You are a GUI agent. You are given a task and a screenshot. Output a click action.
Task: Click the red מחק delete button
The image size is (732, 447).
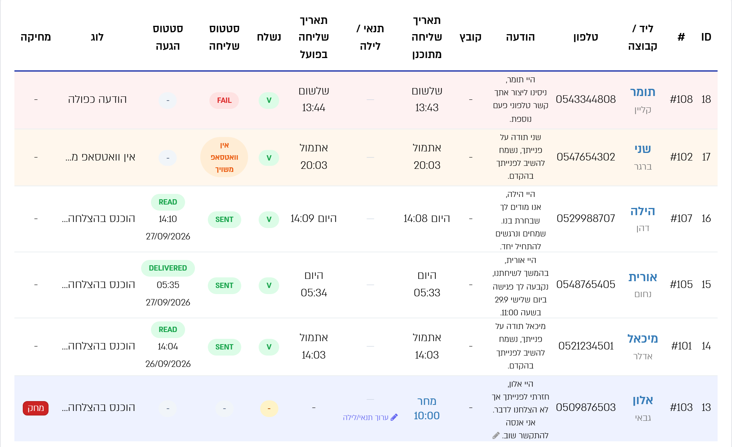pyautogui.click(x=36, y=408)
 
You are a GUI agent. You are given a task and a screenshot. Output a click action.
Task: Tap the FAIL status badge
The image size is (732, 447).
pyautogui.click(x=224, y=101)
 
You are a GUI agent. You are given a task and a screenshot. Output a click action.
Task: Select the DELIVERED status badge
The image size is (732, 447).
pyautogui.click(x=168, y=268)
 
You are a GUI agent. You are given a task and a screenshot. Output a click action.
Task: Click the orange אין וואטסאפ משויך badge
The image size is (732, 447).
pyautogui.click(x=224, y=157)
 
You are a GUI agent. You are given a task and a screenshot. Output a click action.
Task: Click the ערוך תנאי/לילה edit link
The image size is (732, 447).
pyautogui.click(x=370, y=417)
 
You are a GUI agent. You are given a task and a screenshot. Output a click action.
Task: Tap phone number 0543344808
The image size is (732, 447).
pyautogui.click(x=586, y=99)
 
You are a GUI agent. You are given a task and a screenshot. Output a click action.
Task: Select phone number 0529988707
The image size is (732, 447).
pyautogui.click(x=586, y=219)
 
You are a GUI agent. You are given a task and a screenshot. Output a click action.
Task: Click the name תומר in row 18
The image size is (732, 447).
pyautogui.click(x=642, y=92)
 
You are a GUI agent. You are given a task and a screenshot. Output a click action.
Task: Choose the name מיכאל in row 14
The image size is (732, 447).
pyautogui.click(x=642, y=338)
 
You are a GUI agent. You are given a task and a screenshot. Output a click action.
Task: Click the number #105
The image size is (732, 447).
pyautogui.click(x=681, y=285)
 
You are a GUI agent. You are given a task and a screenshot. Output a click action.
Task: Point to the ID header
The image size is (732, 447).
pyautogui.click(x=706, y=37)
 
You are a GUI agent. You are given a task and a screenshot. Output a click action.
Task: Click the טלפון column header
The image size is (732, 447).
pyautogui.click(x=586, y=37)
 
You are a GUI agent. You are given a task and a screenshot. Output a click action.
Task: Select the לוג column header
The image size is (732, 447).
pyautogui.click(x=97, y=37)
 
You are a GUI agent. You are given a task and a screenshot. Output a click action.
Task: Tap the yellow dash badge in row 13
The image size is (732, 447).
pyautogui.click(x=269, y=409)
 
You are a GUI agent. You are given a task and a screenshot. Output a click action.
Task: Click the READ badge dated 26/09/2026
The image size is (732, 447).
pyautogui.click(x=168, y=330)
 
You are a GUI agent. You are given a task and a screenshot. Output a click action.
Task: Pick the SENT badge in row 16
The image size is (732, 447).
pyautogui.click(x=224, y=220)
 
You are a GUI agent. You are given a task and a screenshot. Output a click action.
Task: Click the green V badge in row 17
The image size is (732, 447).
pyautogui.click(x=269, y=158)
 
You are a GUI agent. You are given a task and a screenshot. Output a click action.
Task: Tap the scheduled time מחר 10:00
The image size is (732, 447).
pyautogui.click(x=427, y=408)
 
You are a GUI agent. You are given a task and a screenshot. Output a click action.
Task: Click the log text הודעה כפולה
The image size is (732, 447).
pyautogui.click(x=97, y=99)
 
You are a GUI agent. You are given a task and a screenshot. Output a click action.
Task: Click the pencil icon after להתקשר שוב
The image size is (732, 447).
pyautogui.click(x=496, y=436)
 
